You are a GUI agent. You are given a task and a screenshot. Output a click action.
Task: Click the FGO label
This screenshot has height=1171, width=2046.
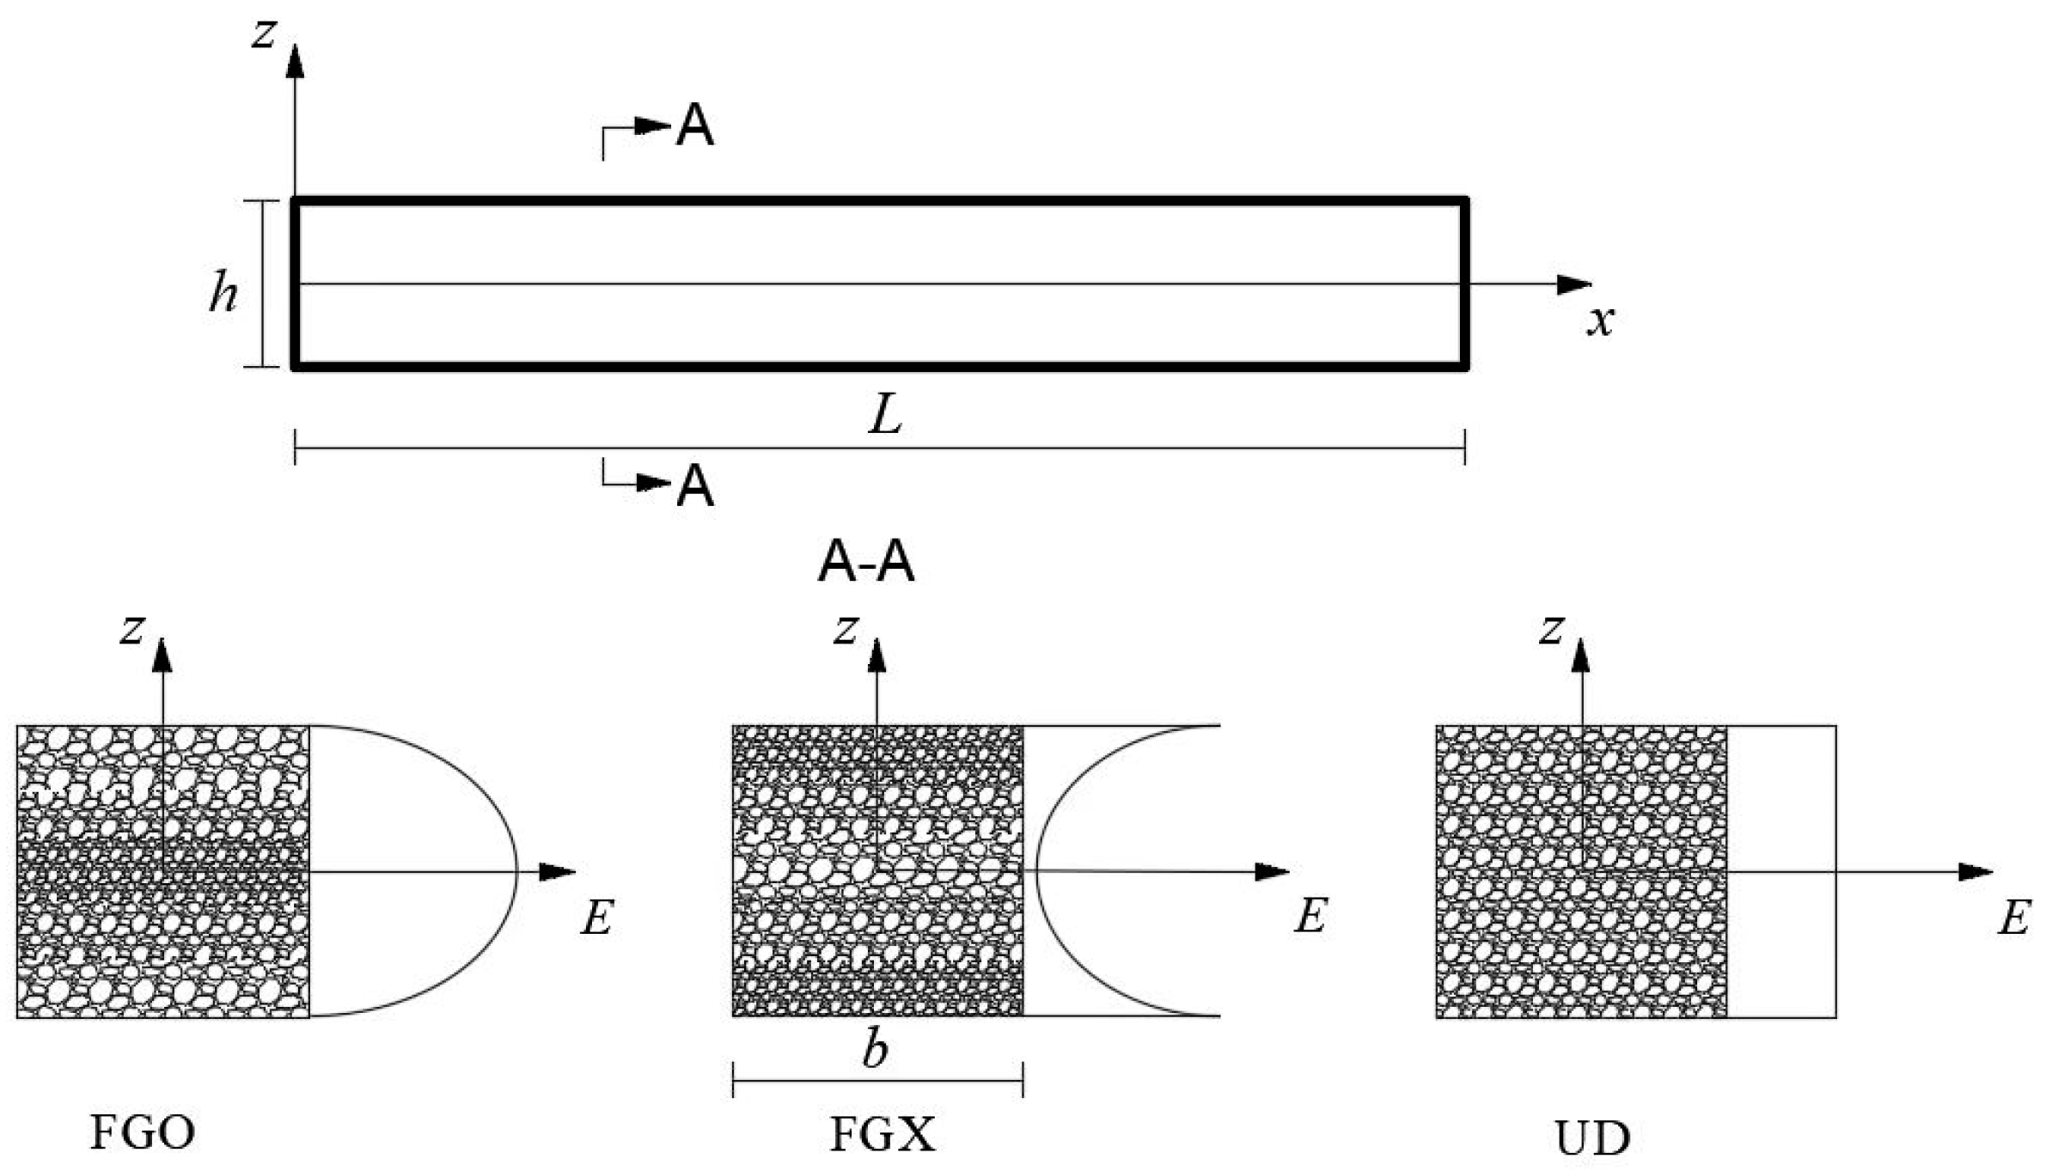tap(143, 1132)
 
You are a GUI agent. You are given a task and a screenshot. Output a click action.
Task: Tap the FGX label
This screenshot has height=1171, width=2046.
tap(883, 1134)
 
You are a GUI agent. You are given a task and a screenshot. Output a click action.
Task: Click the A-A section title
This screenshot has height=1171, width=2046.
tap(866, 564)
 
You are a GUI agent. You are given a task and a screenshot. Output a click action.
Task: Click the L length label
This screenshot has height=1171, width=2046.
tap(886, 418)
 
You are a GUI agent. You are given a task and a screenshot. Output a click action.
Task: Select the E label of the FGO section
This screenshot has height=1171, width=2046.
tap(597, 918)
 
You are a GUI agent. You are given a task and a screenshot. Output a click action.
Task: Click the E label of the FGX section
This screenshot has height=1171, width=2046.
tap(1310, 916)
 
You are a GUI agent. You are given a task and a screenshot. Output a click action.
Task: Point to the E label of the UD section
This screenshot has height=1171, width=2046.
tap(2014, 918)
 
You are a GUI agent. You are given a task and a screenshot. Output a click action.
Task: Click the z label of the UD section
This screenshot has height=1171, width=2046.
tap(1551, 631)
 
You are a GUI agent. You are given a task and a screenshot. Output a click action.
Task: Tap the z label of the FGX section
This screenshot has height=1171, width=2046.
tap(846, 631)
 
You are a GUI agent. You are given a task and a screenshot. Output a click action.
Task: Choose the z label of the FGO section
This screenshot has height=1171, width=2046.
tap(131, 631)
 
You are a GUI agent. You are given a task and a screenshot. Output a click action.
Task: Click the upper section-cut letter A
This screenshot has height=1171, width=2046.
tap(695, 127)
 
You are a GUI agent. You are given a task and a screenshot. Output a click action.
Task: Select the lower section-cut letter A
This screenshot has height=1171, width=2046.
tap(695, 486)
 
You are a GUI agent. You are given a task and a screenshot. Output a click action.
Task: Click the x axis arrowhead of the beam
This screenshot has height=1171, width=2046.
tap(1574, 284)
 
